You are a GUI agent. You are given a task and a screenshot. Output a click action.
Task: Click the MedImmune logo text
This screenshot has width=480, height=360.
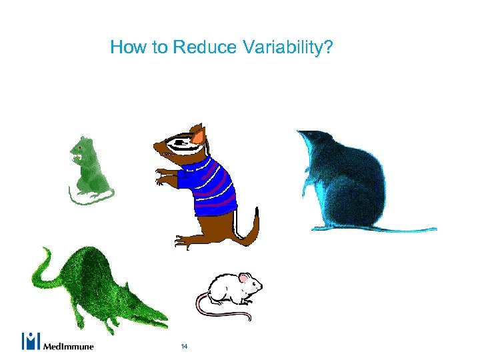[x=69, y=346]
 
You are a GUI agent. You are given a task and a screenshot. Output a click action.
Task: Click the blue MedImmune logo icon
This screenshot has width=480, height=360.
[x=31, y=341]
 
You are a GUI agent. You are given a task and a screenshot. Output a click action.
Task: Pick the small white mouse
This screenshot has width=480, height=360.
[x=230, y=290]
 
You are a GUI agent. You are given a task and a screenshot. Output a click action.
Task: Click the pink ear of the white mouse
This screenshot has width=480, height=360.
[x=245, y=277]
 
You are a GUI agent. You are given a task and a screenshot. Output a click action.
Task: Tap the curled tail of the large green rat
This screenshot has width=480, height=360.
[x=43, y=263]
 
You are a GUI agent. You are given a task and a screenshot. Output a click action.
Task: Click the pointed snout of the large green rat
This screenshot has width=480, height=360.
[x=160, y=320]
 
